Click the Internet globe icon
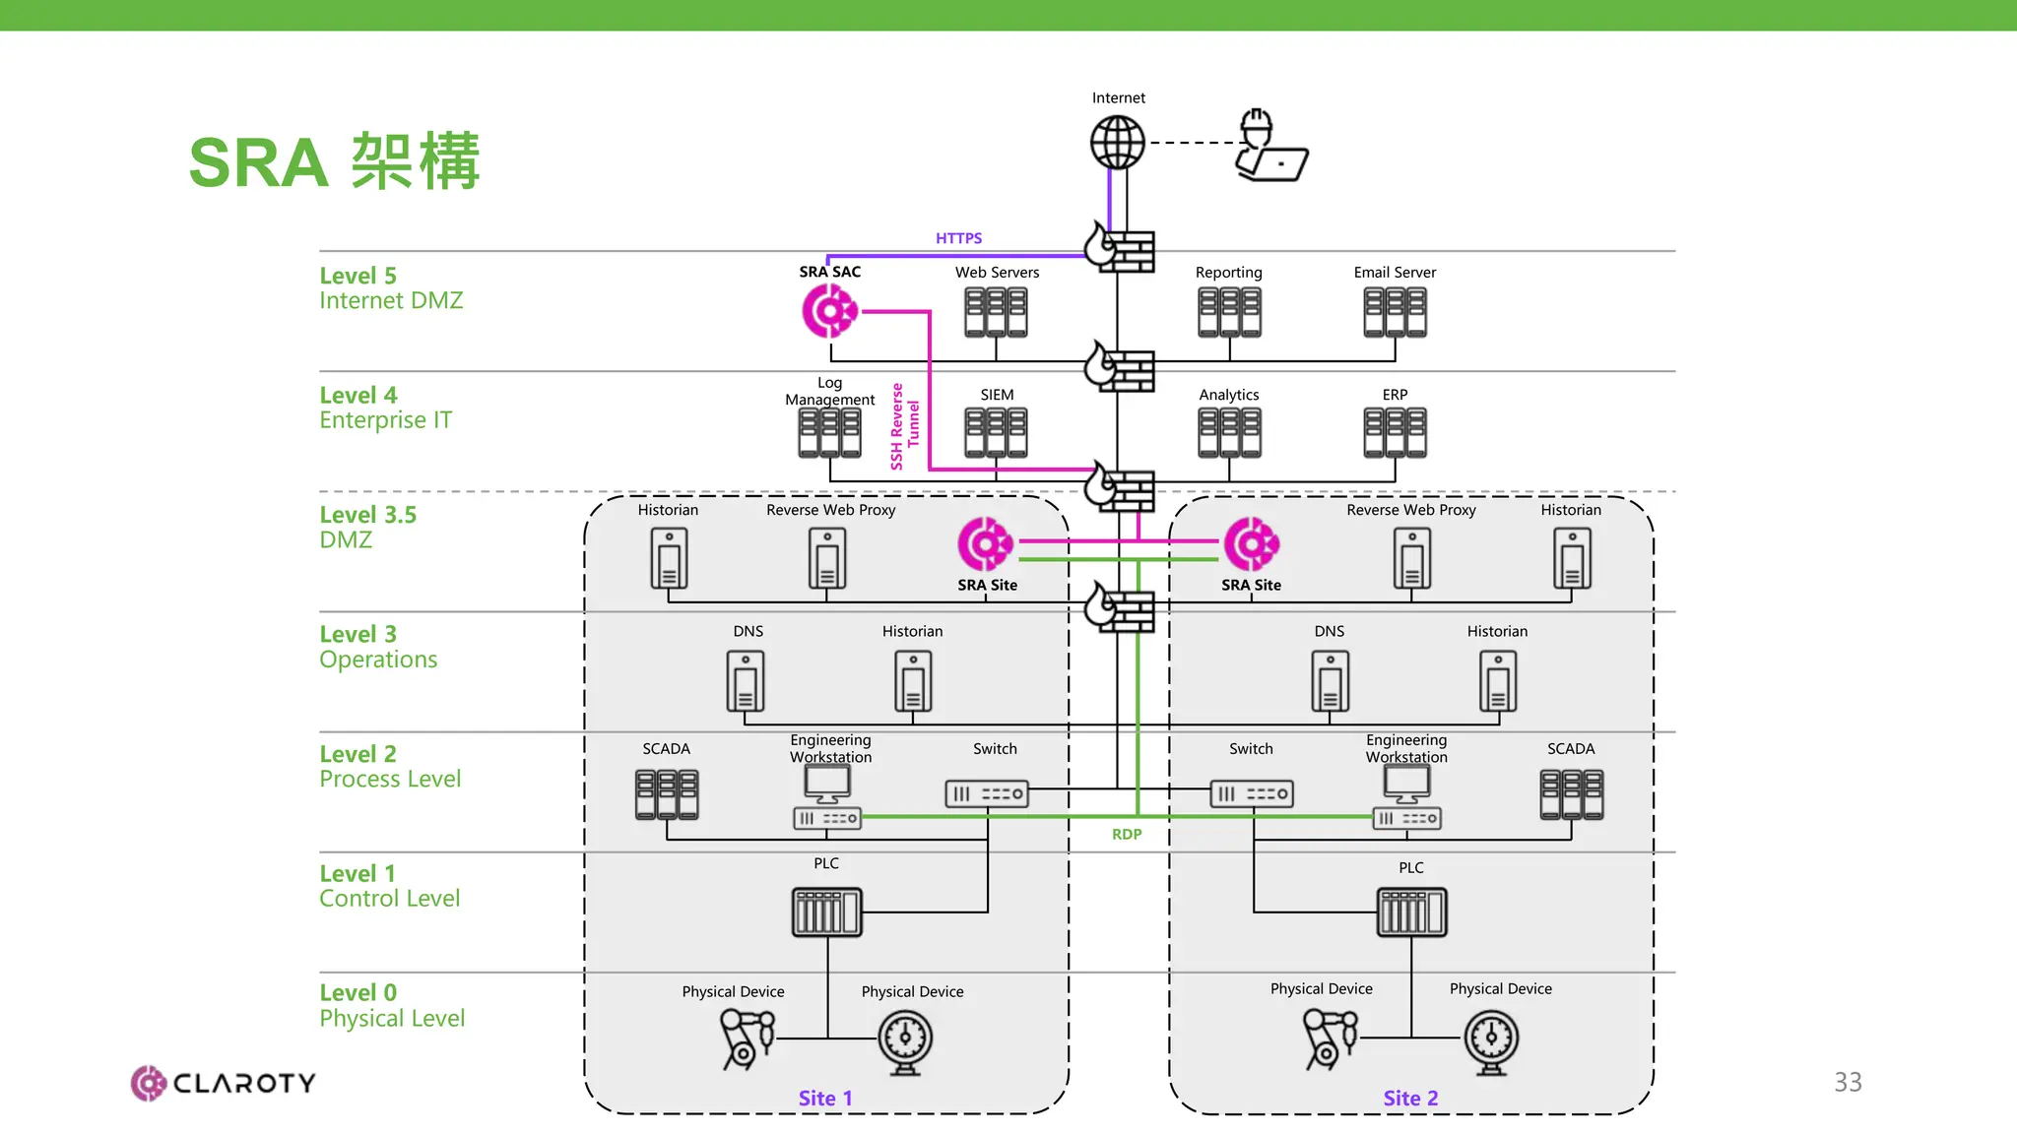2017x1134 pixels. pos(1118,143)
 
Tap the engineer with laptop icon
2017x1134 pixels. pos(1269,147)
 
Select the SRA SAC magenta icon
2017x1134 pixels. pos(829,311)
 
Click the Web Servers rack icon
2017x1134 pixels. pos(996,312)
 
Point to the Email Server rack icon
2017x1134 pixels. pos(1395,312)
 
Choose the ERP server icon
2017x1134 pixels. pos(1395,433)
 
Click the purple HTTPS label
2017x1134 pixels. pos(958,238)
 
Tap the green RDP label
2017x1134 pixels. pos(1127,834)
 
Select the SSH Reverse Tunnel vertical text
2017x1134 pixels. pos(904,425)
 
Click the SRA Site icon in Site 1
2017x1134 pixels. pos(985,543)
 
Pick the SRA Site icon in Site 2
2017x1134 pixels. pos(1251,543)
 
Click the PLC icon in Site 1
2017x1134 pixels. pos(826,912)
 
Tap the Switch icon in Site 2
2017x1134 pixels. pos(1251,793)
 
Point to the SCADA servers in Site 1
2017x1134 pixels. pos(667,794)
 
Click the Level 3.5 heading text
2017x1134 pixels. pos(367,515)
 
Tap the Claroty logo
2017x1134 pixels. pos(224,1083)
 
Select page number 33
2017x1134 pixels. pos(1848,1082)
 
